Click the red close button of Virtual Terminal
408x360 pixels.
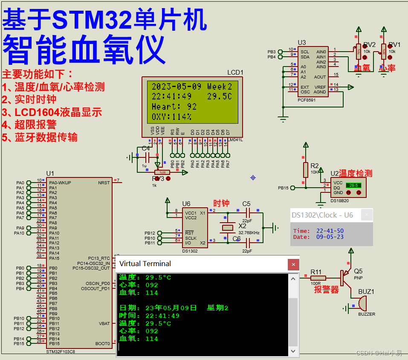coord(293,264)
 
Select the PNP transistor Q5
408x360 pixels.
coord(344,277)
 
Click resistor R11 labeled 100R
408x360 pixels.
coord(318,278)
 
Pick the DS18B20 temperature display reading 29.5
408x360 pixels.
coord(353,186)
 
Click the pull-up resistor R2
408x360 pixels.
coord(305,169)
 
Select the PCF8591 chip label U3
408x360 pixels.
coord(301,42)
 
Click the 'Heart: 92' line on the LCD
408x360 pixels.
coord(174,107)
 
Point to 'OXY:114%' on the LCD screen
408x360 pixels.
coord(171,116)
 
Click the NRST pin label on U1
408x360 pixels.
coord(104,183)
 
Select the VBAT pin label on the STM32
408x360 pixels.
coord(104,324)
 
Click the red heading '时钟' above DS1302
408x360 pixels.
coord(222,203)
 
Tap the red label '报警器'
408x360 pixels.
coord(326,290)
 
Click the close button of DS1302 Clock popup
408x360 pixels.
coord(367,215)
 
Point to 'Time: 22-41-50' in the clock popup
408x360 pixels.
coord(318,231)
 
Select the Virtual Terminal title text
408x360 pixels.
coord(145,264)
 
